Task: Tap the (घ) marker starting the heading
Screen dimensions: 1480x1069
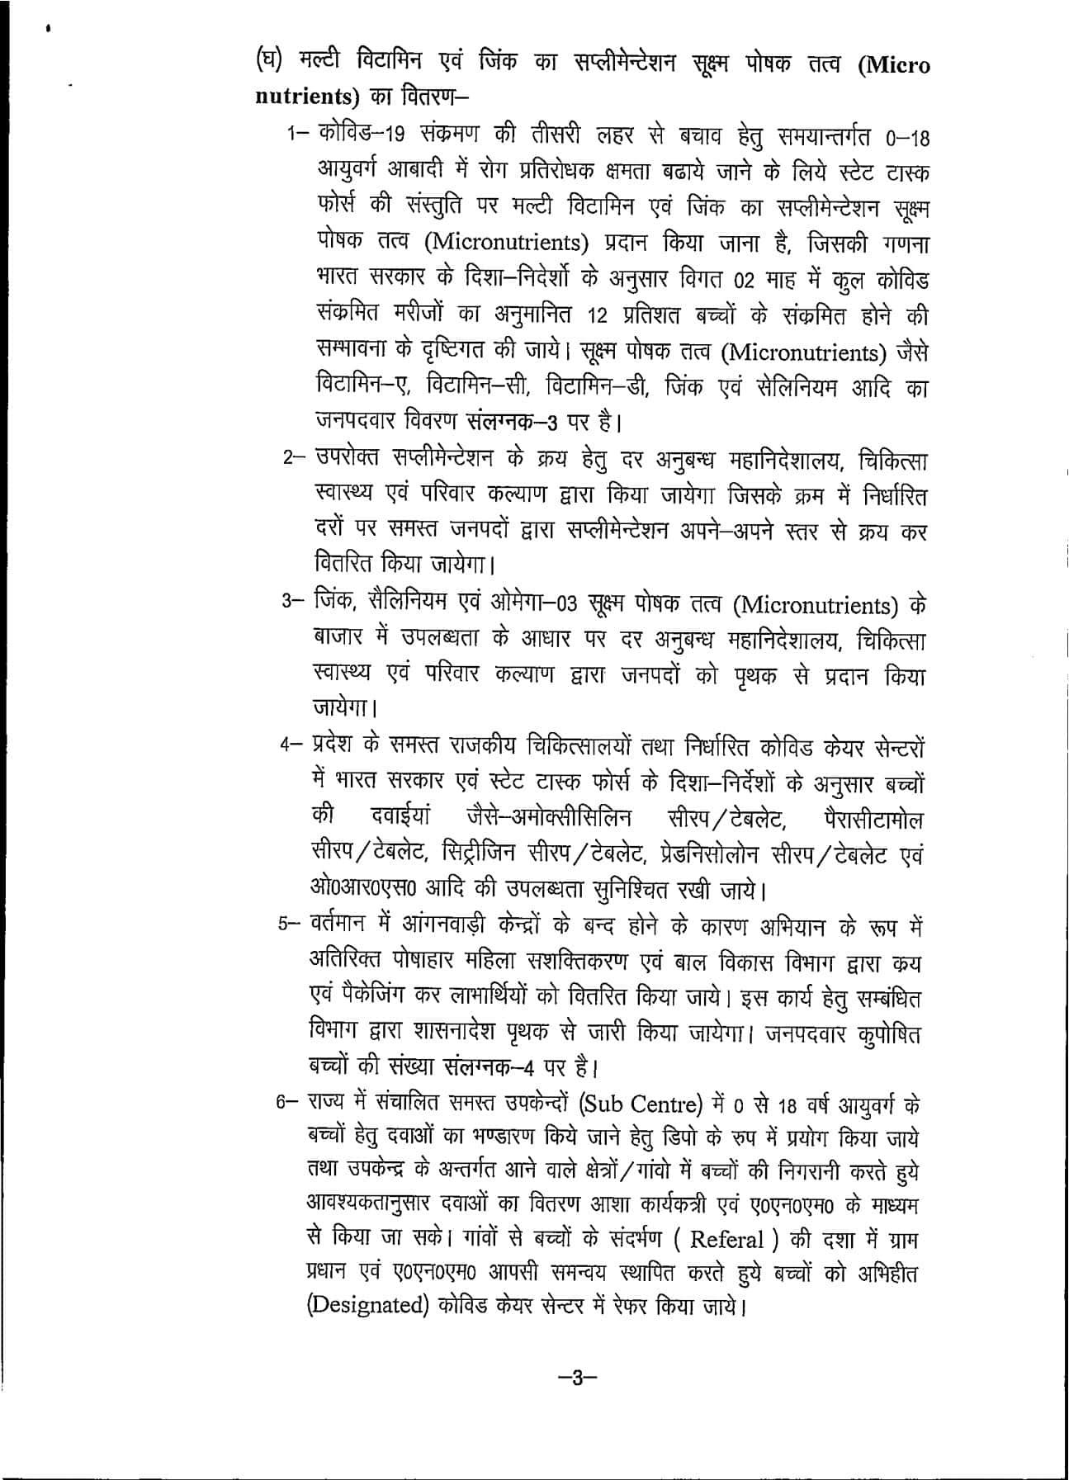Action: coord(268,64)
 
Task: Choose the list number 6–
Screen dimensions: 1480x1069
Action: coord(290,1104)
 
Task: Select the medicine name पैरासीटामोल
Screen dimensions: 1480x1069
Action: coord(873,819)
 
